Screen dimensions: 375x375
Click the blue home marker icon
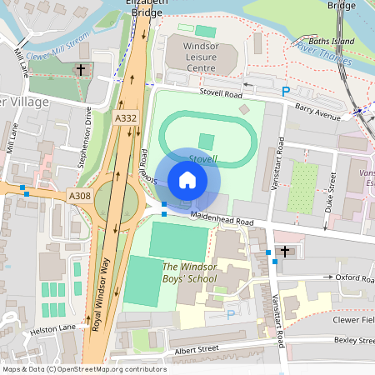187,179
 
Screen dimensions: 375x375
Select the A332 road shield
126,120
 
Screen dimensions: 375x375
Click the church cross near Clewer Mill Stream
81,71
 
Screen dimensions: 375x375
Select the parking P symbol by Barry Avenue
286,92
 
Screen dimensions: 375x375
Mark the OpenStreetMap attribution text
84,369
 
